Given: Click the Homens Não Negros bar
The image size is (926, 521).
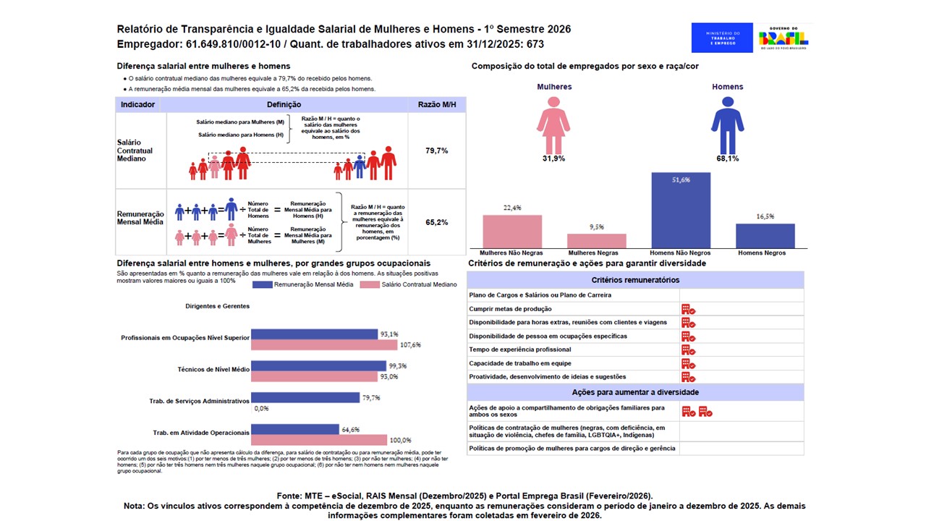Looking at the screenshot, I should click(680, 211).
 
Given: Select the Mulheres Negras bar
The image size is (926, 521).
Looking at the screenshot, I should click(596, 241).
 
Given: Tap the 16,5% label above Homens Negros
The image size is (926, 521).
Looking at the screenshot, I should click(765, 216).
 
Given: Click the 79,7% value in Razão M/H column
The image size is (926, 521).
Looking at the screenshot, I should click(437, 151).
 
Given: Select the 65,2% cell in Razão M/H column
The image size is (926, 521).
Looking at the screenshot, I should click(437, 222).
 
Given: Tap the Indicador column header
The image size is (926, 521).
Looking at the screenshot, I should click(137, 105).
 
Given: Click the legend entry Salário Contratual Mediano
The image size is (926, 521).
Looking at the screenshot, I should click(409, 284).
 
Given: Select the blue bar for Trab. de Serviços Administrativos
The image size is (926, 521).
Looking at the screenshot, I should click(306, 397).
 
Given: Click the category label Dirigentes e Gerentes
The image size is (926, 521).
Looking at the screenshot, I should click(217, 306).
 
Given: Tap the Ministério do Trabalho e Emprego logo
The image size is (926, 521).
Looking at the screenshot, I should click(722, 38).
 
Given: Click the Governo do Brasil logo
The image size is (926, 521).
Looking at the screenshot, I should click(783, 38).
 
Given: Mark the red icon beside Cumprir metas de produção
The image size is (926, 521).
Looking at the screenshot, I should click(688, 309).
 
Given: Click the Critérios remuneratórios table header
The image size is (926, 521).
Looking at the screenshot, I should click(635, 280).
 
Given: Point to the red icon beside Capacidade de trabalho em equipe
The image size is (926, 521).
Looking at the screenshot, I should click(688, 363).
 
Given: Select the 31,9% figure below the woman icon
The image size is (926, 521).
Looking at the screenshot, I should click(553, 158).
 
